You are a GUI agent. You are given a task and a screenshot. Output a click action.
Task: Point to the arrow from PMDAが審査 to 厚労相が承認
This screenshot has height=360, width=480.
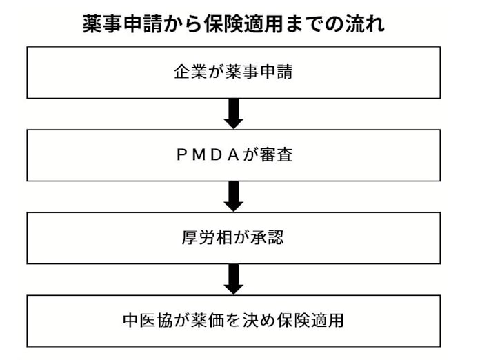coord(234,197)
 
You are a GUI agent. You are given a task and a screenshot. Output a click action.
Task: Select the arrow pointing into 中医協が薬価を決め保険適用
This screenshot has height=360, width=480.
coord(234,279)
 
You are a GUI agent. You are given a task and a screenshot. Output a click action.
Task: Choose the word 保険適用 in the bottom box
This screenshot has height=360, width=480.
coord(312,321)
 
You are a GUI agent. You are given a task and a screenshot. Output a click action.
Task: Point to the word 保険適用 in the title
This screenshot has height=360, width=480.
coord(241,24)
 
